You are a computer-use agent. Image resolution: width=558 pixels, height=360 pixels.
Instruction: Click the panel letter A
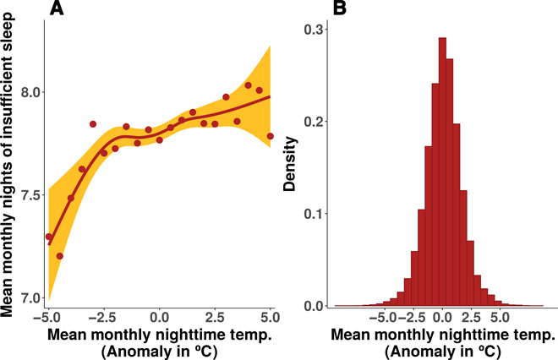[x=57, y=9]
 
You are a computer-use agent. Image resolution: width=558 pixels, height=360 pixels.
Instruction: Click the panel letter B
[x=338, y=9]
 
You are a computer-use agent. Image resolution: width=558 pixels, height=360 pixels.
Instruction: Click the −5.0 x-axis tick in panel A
[x=46, y=317]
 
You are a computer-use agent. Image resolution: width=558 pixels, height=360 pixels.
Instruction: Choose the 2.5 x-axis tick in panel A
[x=215, y=317]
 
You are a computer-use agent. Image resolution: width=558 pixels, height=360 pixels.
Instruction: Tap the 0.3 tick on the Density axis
[x=313, y=29]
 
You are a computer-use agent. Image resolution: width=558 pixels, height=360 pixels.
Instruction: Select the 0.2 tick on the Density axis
[x=313, y=121]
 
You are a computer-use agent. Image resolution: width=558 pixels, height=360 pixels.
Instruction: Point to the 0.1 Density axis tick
[x=313, y=213]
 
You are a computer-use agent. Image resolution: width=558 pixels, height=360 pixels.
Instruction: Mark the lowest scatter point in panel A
[x=59, y=255]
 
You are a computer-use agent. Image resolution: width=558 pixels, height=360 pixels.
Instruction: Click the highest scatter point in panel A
[x=249, y=85]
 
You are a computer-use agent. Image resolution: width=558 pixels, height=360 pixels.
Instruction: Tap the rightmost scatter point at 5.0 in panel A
[x=271, y=136]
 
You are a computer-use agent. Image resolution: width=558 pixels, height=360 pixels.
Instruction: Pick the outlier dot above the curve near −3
[x=93, y=124]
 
